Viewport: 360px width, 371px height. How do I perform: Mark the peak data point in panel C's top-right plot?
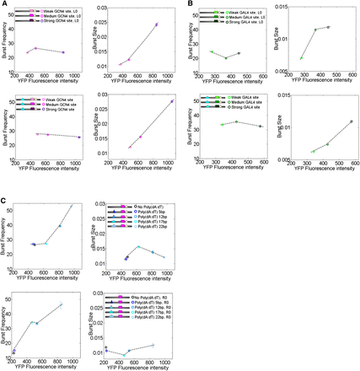pos(137,246)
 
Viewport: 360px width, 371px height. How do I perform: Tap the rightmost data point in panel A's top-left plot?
pos(63,52)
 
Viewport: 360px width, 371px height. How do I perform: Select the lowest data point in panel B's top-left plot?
pos(226,58)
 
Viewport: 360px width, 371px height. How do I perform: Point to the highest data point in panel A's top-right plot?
pos(157,24)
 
